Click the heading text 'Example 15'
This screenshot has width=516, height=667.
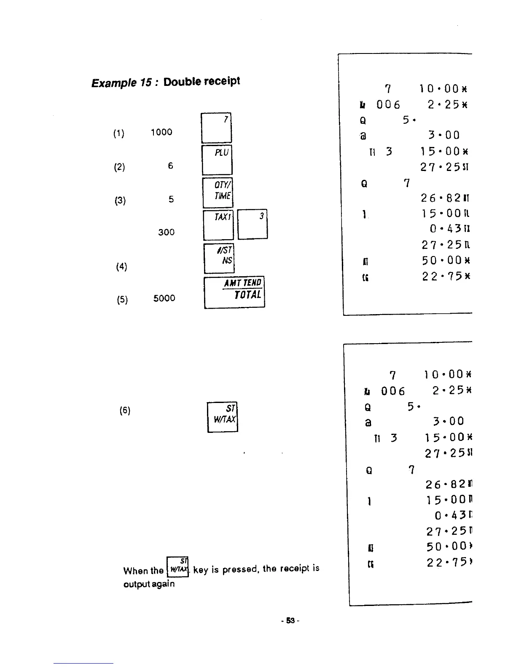119,82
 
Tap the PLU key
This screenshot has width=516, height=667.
217,160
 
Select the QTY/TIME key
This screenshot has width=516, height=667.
218,192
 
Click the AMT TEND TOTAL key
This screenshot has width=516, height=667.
234,293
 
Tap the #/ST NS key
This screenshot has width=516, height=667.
219,258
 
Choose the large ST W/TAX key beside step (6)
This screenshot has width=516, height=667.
223,417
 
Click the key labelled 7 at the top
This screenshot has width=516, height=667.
216,128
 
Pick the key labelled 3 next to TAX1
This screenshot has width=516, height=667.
252,224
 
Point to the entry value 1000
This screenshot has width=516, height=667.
161,132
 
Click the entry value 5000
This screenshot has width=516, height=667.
164,298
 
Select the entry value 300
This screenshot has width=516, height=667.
166,232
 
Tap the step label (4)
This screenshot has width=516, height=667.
121,267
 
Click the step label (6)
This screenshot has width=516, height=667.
124,411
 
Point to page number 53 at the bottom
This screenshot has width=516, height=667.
290,621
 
